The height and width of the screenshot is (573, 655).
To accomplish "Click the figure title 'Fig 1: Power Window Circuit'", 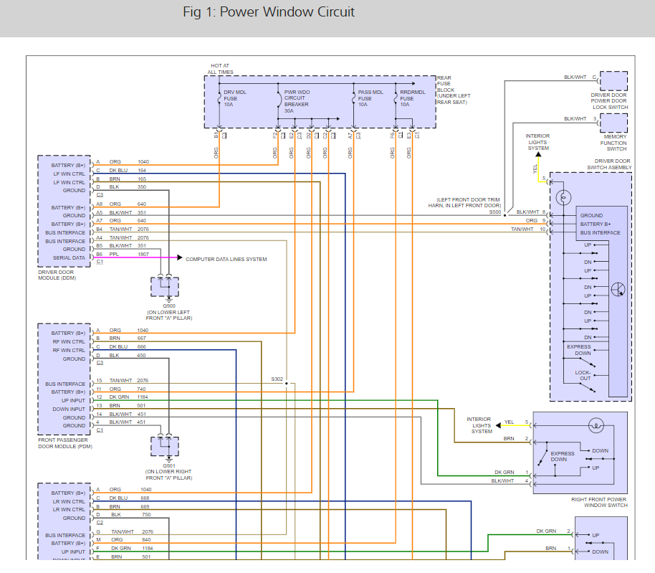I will tap(269, 12).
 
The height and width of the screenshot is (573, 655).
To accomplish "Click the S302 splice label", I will tap(277, 379).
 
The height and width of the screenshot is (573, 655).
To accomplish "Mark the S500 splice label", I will tap(495, 212).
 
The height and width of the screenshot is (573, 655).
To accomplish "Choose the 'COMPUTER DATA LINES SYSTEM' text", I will tap(226, 259).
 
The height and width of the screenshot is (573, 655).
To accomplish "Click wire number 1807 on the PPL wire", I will tap(143, 255).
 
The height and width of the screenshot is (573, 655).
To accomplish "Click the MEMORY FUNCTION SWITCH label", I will tap(615, 143).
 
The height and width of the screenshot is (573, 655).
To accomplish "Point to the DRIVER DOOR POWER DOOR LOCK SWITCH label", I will tap(609, 101).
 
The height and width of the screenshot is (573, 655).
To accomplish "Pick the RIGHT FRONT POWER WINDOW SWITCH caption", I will tap(599, 502).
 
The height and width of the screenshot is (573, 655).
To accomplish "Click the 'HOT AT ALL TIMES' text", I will tap(220, 70).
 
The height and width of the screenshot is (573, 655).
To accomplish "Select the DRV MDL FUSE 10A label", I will tap(234, 98).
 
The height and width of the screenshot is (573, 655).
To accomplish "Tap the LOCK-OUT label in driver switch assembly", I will tap(583, 375).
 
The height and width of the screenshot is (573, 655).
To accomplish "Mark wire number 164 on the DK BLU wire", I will tap(142, 171).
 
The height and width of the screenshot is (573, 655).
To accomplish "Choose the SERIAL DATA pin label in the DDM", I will tap(69, 258).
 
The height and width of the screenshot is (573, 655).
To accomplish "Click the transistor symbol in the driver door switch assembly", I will tap(618, 290).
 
